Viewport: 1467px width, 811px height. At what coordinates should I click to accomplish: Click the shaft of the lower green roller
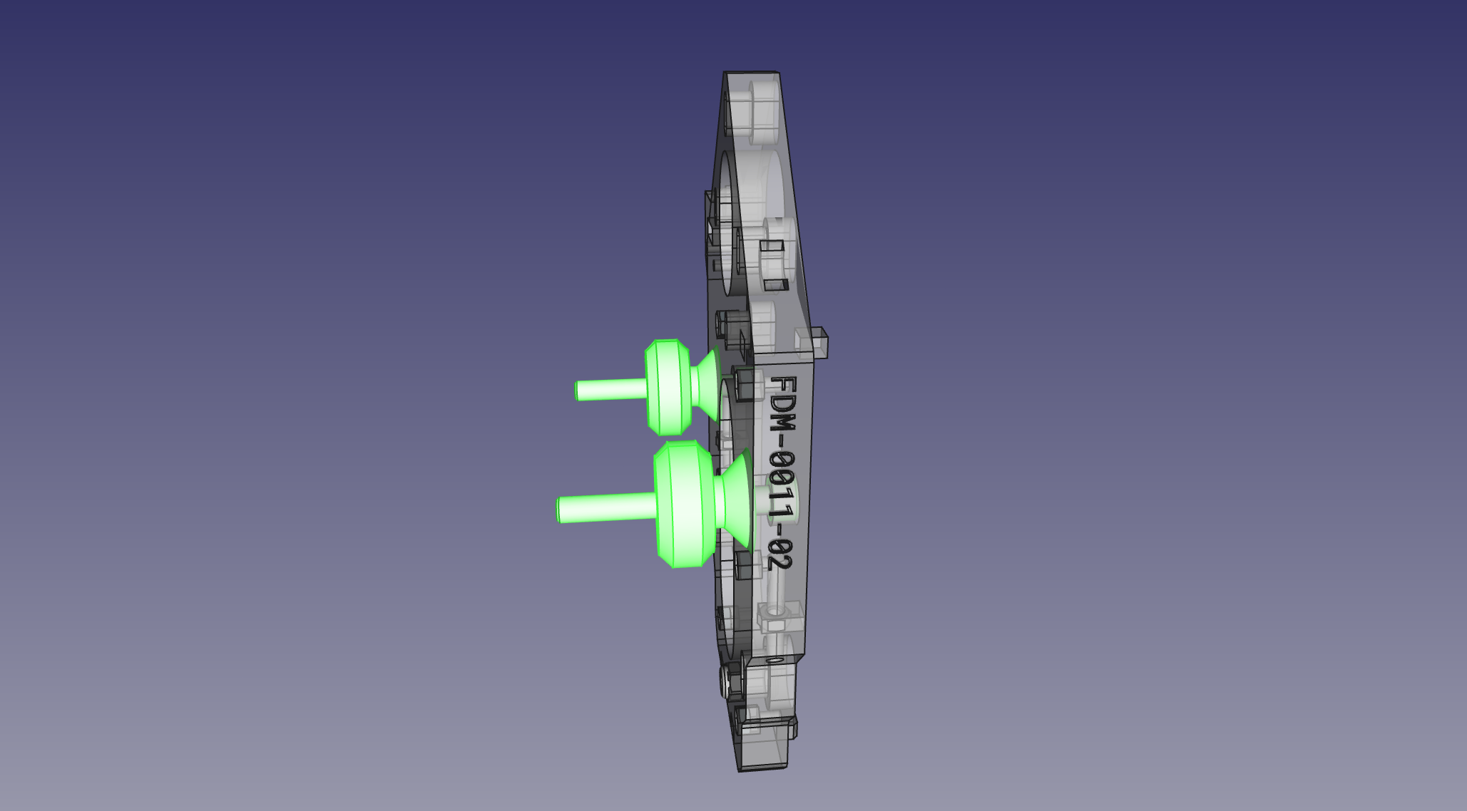[x=607, y=508]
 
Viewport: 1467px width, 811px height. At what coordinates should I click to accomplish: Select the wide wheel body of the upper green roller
[x=668, y=387]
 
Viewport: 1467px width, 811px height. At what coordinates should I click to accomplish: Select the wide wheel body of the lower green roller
[x=684, y=504]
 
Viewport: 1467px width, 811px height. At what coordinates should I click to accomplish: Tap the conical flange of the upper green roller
[x=706, y=385]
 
